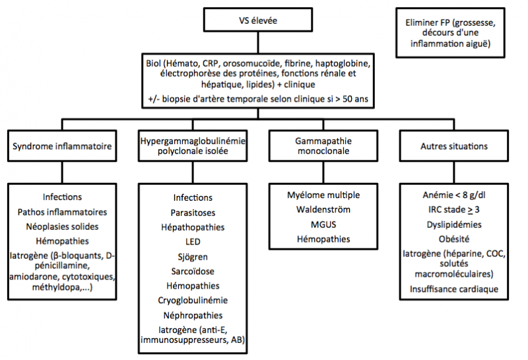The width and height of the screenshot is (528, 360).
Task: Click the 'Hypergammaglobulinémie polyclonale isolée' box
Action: click(x=193, y=145)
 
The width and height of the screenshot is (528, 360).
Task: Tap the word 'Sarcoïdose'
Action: click(x=193, y=271)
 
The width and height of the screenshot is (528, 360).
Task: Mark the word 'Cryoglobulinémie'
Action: click(x=193, y=300)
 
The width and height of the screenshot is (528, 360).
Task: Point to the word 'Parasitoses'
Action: click(x=193, y=212)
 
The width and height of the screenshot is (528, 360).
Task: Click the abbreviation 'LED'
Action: click(x=193, y=241)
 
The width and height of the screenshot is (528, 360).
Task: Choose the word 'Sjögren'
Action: click(x=193, y=256)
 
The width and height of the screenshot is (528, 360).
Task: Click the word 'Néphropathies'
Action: click(x=193, y=314)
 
